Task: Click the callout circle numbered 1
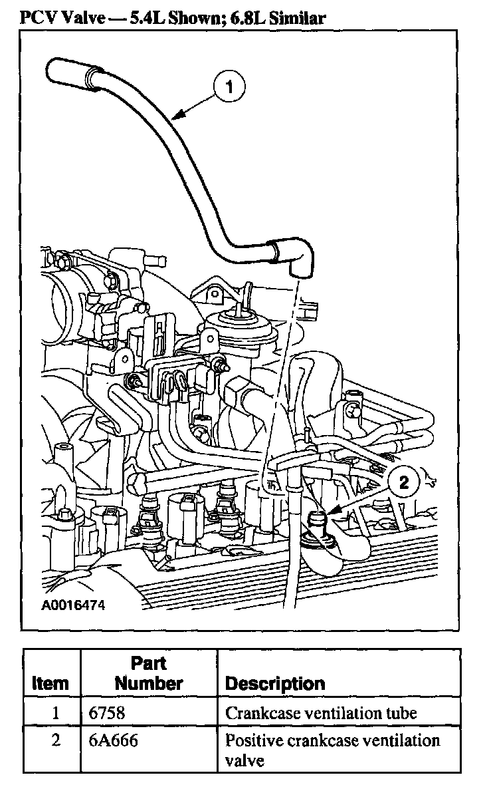(x=229, y=86)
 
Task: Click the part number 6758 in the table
(x=106, y=713)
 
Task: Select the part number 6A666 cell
(x=113, y=740)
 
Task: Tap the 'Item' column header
(x=50, y=683)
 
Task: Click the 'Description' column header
(x=275, y=683)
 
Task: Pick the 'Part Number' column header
(x=148, y=673)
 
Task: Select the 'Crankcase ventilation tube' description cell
(x=321, y=713)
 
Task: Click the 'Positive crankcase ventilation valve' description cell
(x=332, y=749)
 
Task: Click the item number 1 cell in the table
(x=56, y=713)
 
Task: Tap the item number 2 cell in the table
(x=56, y=740)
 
